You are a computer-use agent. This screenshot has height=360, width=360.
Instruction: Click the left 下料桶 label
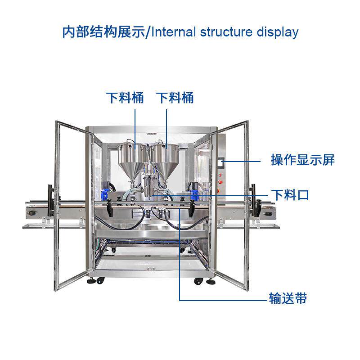coord(125,98)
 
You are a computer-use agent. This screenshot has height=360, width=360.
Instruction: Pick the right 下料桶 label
coord(175,98)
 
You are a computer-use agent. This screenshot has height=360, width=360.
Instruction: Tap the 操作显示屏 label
coord(302,160)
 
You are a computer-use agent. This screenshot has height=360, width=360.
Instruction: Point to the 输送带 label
coord(288,298)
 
